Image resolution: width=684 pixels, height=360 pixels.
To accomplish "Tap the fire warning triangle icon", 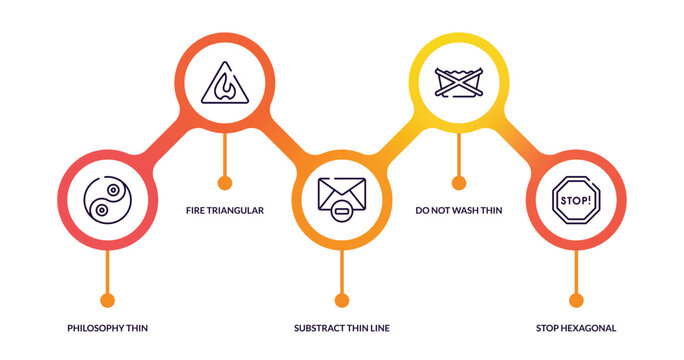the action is click(224, 84).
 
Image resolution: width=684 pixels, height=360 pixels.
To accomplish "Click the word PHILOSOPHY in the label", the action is click(98, 328).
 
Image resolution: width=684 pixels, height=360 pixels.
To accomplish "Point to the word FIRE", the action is click(197, 210).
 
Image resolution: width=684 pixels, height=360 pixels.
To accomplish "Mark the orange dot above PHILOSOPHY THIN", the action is click(107, 300).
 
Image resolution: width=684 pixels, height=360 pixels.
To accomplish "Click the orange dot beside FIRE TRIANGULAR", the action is click(224, 183).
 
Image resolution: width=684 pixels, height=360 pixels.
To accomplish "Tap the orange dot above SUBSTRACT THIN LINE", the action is click(341, 300).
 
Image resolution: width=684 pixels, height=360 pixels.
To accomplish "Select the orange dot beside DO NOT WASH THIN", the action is click(458, 183).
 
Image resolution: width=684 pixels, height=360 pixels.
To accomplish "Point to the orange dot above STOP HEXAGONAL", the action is click(575, 300).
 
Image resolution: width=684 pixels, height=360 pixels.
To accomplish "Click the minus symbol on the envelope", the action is click(342, 210).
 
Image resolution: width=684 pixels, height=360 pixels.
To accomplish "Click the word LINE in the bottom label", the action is click(378, 328).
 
